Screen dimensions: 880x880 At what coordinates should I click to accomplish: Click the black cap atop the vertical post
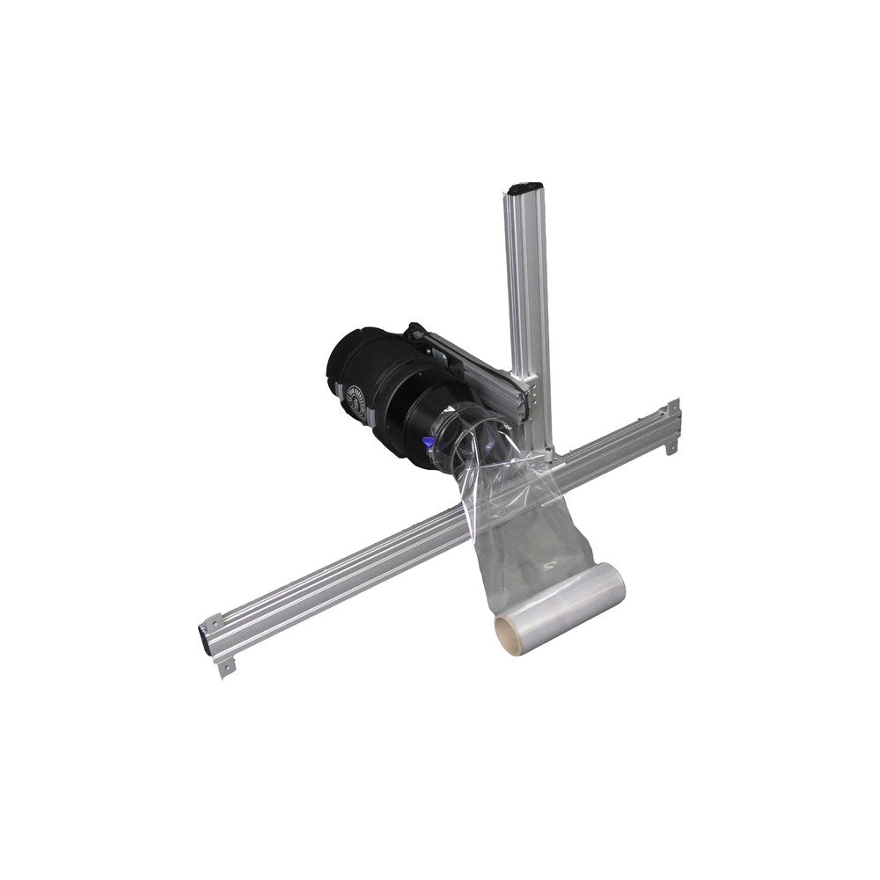(x=524, y=187)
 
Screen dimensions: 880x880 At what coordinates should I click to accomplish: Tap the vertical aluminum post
(x=527, y=290)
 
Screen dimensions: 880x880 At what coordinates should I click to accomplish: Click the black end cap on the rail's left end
(x=203, y=636)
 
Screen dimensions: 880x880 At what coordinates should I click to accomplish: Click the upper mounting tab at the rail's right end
(x=673, y=407)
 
